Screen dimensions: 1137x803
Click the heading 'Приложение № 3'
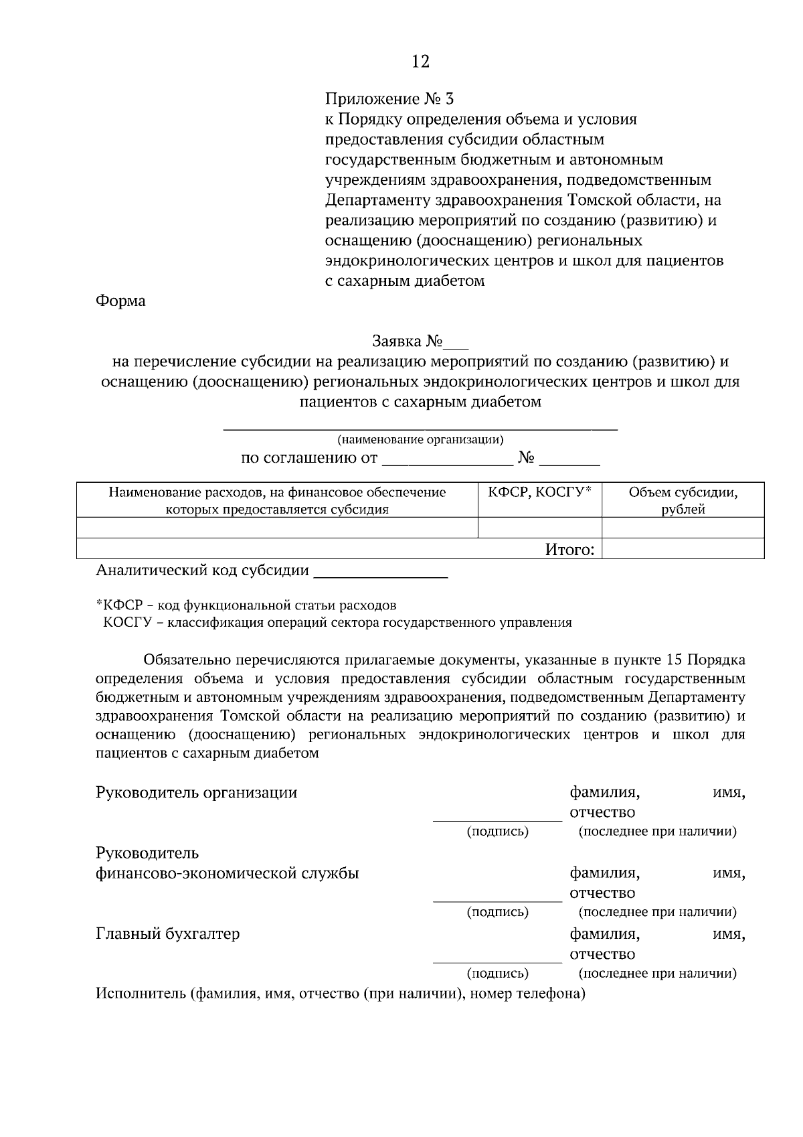coord(389,99)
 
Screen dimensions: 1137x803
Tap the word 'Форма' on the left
coord(120,301)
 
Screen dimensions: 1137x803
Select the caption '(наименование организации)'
coord(420,440)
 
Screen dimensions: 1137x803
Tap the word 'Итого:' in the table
coord(569,550)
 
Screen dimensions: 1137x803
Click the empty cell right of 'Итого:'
coord(683,550)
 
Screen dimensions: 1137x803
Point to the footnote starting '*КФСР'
coord(246,605)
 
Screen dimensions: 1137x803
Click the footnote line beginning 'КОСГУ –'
coord(337,623)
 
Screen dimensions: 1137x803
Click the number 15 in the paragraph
coord(675,660)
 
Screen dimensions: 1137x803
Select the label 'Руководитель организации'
coord(196,793)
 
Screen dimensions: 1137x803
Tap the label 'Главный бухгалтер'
coord(167,933)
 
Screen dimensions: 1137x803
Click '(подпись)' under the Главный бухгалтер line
coord(497,973)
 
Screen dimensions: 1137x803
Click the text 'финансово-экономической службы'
coord(227,873)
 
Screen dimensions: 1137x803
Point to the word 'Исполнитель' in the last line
coord(140,994)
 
